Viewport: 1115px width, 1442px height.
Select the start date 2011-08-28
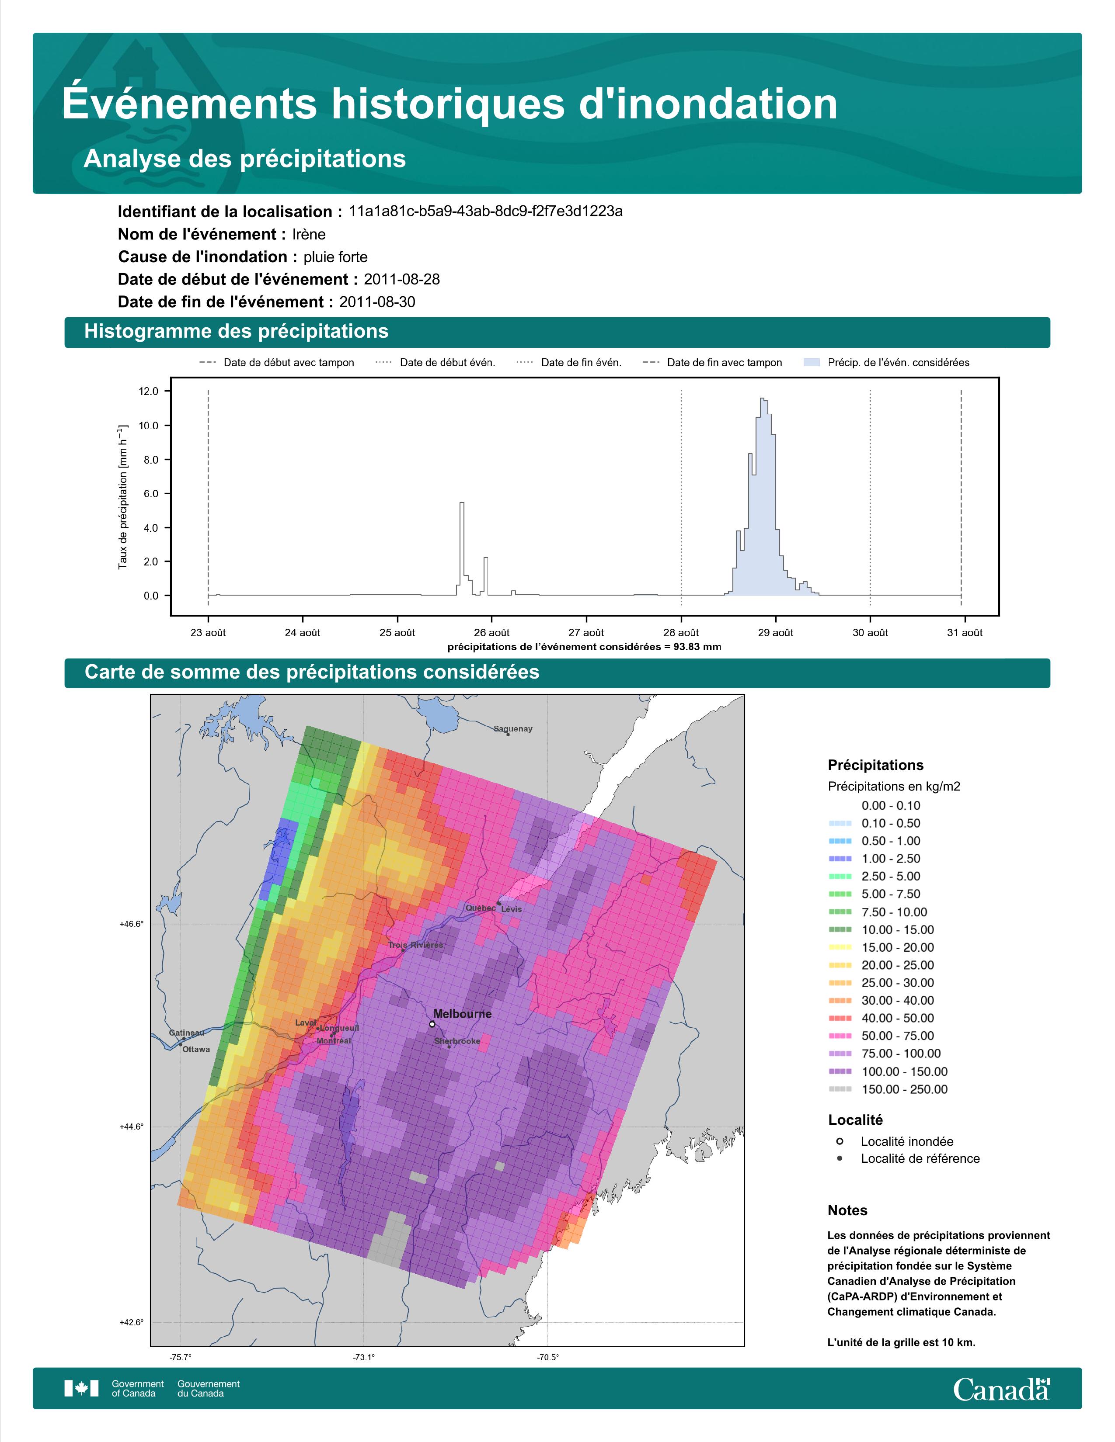pos(401,279)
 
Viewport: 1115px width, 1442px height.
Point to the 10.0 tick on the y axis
pos(149,426)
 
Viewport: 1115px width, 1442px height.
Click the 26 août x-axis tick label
pos(491,633)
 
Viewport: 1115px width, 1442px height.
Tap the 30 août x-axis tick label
pos(870,633)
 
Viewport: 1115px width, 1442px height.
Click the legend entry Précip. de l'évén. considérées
pos(886,363)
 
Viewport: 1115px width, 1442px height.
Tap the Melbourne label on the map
pos(462,1013)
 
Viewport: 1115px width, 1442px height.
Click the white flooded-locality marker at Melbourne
pos(432,1024)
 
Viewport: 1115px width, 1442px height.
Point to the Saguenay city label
pos(512,729)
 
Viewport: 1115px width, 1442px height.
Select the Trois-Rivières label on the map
pos(415,945)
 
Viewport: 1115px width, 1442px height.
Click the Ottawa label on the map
pos(196,1049)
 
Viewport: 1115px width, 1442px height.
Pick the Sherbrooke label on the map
pos(457,1041)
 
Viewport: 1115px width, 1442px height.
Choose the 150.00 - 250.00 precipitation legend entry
pos(888,1089)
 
